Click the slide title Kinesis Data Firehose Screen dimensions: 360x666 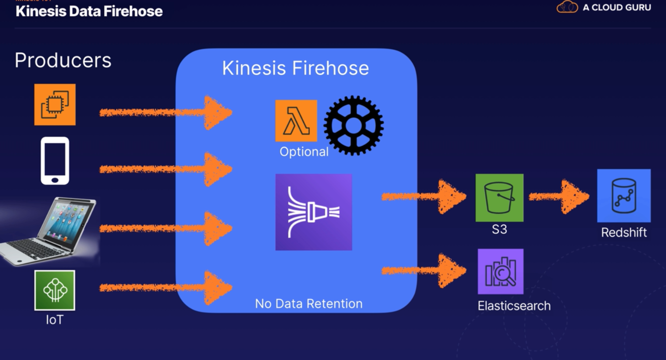89,11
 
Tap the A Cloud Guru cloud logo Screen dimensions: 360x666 567,7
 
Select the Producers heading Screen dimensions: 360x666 63,60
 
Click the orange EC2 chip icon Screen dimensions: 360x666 55,104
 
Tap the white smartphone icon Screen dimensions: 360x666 55,161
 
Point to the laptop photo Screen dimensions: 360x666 50,231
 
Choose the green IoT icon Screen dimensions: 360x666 55,290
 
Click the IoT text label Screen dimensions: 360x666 55,320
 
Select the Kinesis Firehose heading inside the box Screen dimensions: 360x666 296,68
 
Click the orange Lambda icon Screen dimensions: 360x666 296,121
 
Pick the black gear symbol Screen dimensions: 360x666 353,125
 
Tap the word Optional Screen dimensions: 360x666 304,152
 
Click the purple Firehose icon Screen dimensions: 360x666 314,212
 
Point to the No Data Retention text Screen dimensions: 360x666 309,304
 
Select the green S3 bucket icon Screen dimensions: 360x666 499,198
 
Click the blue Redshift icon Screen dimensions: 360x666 624,196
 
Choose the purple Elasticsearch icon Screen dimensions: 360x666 500,272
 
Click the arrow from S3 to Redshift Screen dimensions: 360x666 559,197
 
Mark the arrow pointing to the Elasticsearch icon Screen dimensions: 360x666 424,271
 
